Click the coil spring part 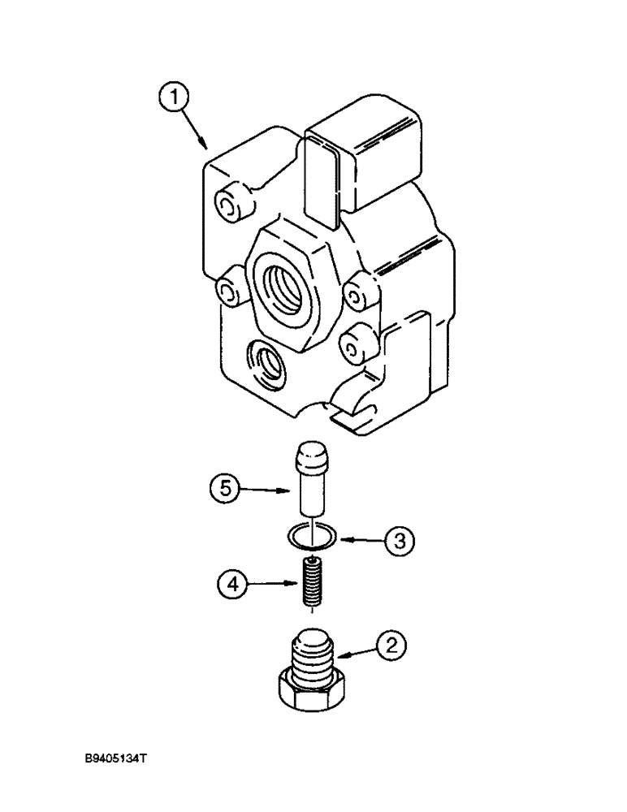312,585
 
